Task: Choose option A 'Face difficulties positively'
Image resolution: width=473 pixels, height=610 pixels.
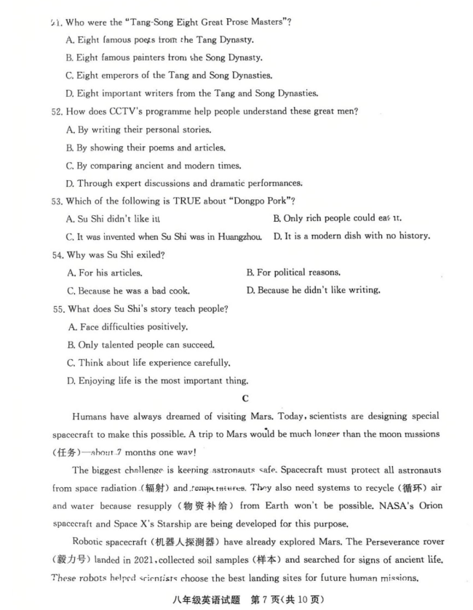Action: coord(128,327)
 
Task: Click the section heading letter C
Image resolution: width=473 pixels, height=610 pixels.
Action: coord(245,398)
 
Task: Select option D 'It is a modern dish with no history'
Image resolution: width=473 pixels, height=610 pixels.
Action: coord(351,236)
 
